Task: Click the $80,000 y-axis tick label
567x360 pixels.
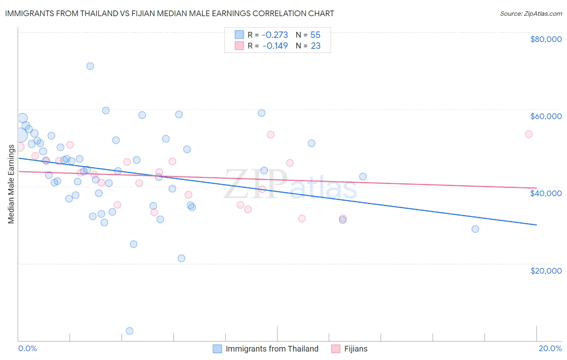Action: [x=546, y=39]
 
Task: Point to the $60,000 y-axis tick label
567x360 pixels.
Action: [x=546, y=116]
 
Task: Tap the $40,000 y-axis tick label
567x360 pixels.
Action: [x=546, y=193]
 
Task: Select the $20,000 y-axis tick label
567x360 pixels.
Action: [x=546, y=270]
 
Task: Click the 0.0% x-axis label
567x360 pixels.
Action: [x=27, y=348]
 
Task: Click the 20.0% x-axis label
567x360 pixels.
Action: [x=550, y=348]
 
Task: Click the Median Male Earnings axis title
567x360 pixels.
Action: [x=11, y=184]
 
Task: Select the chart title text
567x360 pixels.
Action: [x=169, y=13]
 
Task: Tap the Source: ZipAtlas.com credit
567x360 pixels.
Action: [x=531, y=13]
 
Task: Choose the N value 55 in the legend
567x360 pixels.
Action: [x=315, y=35]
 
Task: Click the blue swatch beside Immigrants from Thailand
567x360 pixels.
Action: [x=217, y=349]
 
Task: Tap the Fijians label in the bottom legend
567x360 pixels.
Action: [x=356, y=349]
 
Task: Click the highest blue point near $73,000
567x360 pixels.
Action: [x=90, y=66]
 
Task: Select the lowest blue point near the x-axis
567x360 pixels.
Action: [x=129, y=331]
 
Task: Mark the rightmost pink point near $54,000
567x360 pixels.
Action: [x=529, y=134]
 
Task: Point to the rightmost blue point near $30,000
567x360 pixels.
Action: [x=475, y=229]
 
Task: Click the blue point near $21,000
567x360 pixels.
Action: [x=181, y=258]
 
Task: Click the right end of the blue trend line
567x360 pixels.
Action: [x=536, y=225]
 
